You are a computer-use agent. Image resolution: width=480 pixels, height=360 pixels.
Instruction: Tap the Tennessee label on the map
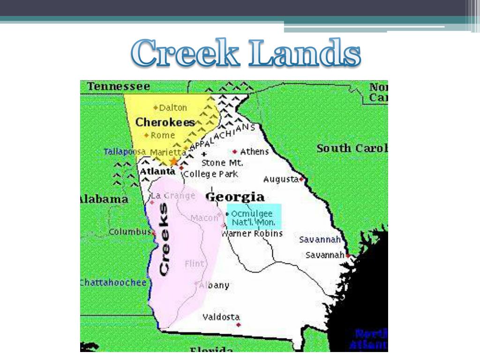coord(119,87)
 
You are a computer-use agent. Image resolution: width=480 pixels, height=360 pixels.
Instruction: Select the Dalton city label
coord(172,108)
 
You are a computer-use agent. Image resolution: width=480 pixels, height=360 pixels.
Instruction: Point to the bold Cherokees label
coord(165,122)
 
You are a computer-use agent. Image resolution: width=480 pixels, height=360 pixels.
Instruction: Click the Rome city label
coord(163,135)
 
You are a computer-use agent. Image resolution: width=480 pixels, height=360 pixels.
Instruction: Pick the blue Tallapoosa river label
coord(125,152)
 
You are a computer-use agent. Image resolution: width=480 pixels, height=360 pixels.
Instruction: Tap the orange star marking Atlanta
coord(174,162)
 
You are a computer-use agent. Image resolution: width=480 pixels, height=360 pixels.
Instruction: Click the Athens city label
coord(254,151)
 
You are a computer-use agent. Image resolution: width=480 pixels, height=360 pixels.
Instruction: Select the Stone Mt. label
coord(222,163)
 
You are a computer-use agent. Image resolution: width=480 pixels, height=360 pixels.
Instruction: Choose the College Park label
coord(210,174)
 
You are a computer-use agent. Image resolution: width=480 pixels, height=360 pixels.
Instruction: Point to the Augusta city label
coord(281,179)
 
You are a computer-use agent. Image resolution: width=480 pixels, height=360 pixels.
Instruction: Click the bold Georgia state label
coord(235,196)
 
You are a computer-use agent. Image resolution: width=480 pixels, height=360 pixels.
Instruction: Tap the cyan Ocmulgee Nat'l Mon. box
coord(254,217)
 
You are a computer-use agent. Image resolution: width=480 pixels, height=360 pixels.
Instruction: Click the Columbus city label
coord(129,232)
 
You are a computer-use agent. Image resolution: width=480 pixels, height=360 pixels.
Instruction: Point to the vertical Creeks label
coord(164,239)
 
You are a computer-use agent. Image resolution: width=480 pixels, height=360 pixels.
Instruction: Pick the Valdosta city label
coord(221,317)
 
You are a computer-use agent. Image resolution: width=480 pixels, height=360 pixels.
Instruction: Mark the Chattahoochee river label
coord(113,283)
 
